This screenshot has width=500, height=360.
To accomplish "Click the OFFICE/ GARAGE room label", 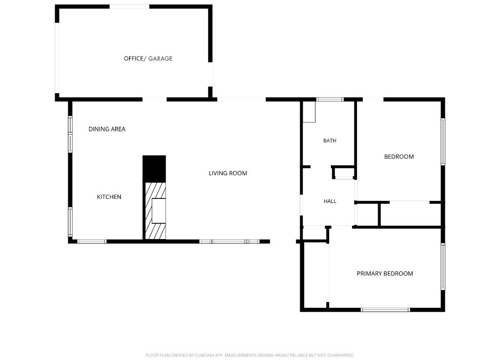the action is click(x=148, y=59).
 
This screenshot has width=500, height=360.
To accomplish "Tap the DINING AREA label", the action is click(x=107, y=129).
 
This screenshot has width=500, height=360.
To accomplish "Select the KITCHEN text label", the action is click(x=109, y=197).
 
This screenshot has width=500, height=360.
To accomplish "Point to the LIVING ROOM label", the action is click(x=228, y=173).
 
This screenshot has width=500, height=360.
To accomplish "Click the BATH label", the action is click(x=330, y=141).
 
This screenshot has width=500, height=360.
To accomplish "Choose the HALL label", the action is click(x=330, y=201).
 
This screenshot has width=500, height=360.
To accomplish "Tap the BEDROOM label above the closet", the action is click(x=399, y=157).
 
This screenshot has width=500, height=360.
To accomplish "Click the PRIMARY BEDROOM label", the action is click(x=385, y=274).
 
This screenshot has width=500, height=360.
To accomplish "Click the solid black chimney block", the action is click(x=154, y=169).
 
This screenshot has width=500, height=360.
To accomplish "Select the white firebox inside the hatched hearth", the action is click(x=159, y=211).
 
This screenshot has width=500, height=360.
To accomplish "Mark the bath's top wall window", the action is click(x=330, y=100).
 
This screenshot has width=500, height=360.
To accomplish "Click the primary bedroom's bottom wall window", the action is click(x=386, y=310).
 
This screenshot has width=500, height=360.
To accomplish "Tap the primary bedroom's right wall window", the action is click(x=443, y=267).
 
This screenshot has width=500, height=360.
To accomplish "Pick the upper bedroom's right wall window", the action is click(x=443, y=142).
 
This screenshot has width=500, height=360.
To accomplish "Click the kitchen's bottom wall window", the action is click(x=92, y=241).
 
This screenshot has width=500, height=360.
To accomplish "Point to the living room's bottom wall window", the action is click(x=229, y=241).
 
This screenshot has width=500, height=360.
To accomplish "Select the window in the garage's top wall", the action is click(x=129, y=6).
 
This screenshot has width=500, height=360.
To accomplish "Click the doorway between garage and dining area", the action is click(x=155, y=100).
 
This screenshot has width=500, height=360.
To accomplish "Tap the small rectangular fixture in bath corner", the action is click(x=309, y=112).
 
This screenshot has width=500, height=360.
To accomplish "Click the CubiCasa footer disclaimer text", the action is click(x=250, y=355).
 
